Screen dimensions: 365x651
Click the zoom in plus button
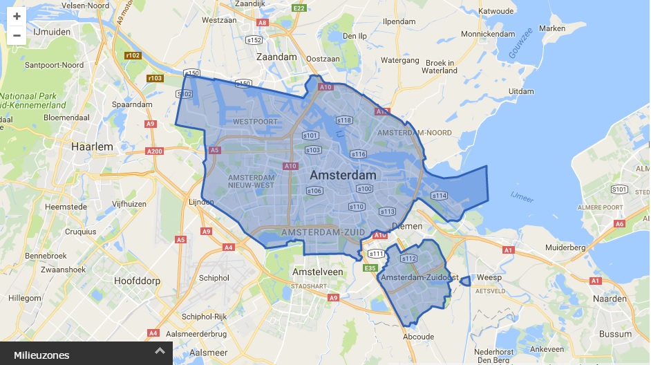point(17,17)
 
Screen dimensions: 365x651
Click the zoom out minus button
point(17,35)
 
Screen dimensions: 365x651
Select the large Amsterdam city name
point(343,175)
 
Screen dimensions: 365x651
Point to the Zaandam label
point(276,57)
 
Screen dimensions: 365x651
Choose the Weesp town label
point(489,277)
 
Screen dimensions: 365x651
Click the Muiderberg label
point(565,247)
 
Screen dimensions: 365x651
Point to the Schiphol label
point(214,278)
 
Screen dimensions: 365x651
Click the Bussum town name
point(615,334)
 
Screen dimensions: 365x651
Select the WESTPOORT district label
point(255,122)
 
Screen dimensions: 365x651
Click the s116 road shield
point(358,154)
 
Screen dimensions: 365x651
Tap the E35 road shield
point(370,268)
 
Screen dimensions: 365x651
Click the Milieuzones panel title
point(41,355)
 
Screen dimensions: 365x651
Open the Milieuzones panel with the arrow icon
point(160,351)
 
